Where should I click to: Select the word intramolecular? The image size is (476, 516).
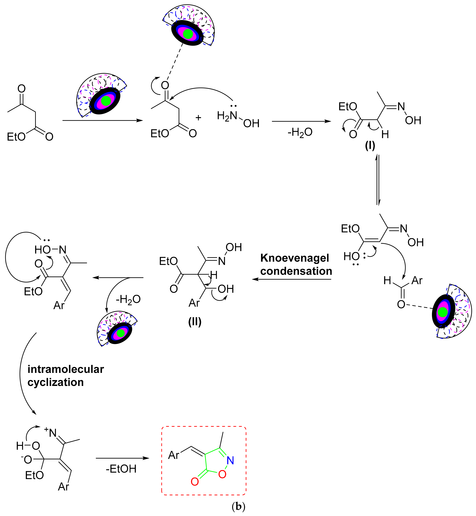pos(66,369)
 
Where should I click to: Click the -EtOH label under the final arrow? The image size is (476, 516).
pos(121,469)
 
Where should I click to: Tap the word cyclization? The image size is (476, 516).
pos(56,382)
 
